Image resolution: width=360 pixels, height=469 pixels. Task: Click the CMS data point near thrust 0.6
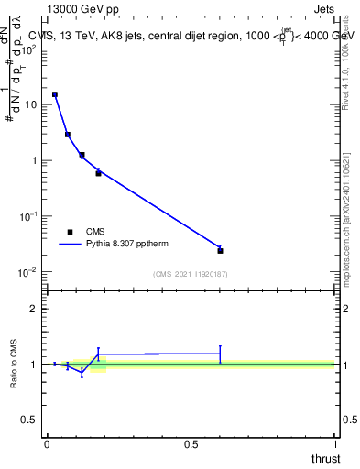[x=221, y=250]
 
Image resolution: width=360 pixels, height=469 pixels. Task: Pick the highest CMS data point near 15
[x=55, y=94]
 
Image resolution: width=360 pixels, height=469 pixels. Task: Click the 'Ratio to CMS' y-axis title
[x=15, y=364]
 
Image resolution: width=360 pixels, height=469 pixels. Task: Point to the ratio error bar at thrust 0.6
[x=221, y=354]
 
